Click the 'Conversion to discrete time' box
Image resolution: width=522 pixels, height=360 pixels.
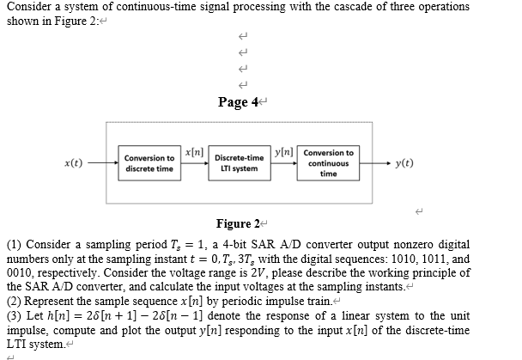point(149,163)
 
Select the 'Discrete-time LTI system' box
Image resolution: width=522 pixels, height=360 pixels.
point(239,163)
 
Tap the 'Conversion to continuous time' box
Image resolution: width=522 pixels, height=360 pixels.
point(328,162)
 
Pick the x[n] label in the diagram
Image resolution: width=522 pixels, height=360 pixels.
point(193,152)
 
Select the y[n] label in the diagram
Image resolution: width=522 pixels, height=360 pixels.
point(282,152)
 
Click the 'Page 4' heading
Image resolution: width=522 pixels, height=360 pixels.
point(236,102)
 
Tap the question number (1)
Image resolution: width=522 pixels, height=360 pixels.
point(14,244)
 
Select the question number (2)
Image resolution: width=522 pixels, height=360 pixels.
point(14,301)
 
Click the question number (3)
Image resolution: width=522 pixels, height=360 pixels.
point(14,315)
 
